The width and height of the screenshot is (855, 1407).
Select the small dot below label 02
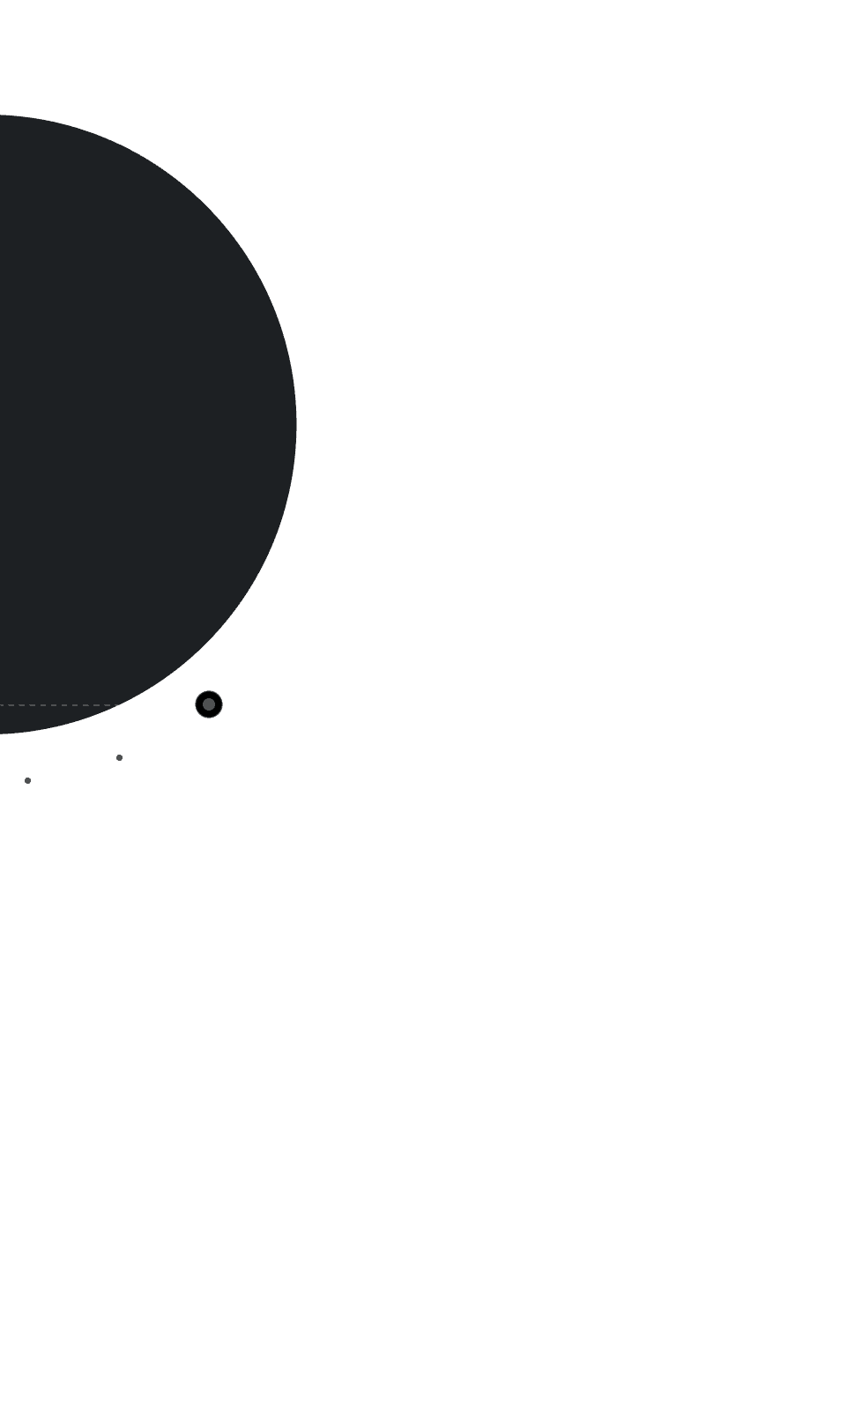119,757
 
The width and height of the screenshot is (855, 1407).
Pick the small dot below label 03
27,780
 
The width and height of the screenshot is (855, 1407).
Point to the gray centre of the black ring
208,704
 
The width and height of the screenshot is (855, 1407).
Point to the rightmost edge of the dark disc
296,424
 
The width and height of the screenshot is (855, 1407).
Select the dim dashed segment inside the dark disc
53,705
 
